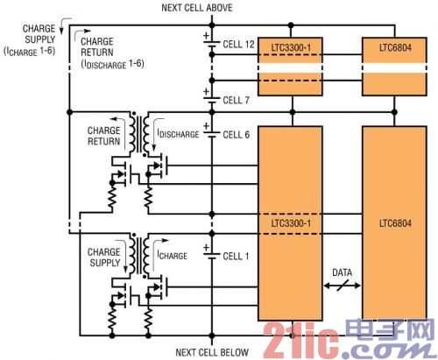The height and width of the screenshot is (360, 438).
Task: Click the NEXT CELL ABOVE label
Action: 197,8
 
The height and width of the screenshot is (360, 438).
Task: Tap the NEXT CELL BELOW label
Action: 212,352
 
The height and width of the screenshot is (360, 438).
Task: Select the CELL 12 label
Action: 238,45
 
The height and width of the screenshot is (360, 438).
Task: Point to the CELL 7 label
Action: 236,100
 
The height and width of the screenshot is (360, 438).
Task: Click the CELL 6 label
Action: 237,135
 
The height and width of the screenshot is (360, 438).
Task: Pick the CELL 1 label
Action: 236,257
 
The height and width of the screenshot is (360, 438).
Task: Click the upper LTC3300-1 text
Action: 291,47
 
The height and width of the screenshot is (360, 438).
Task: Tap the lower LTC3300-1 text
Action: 291,223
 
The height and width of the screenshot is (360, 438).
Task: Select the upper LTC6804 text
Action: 395,47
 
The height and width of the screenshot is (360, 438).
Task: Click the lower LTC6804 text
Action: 395,223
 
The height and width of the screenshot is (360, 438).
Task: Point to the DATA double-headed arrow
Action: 342,286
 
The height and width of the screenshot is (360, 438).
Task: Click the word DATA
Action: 342,272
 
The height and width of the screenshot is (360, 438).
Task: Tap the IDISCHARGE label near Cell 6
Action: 178,134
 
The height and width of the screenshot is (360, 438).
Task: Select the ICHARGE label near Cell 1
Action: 173,256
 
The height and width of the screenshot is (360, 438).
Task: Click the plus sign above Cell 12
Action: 207,36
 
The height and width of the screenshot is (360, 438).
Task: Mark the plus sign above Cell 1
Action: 207,248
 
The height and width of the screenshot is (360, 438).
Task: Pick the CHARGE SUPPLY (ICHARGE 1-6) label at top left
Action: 30,40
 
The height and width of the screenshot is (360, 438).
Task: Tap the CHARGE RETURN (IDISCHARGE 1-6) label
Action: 112,53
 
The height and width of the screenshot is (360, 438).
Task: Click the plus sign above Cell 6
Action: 207,126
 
